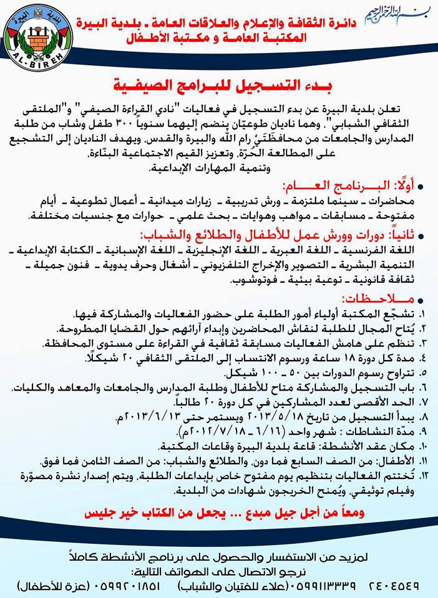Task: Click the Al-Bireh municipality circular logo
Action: click(x=37, y=34)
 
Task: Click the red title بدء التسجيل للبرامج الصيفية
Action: click(x=219, y=83)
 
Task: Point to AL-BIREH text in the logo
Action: click(x=37, y=62)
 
